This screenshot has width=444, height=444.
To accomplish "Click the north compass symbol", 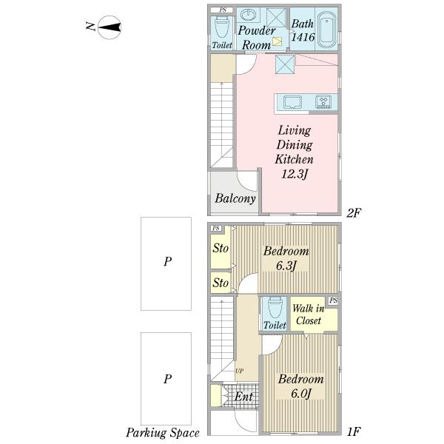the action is pyautogui.click(x=110, y=27).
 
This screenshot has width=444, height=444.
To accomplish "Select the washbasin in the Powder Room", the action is pyautogui.click(x=248, y=15).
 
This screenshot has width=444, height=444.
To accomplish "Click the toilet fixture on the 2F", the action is pyautogui.click(x=221, y=27).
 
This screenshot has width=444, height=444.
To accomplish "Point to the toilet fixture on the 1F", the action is pyautogui.click(x=275, y=308).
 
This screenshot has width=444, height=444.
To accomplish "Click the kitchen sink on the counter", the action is pyautogui.click(x=292, y=102).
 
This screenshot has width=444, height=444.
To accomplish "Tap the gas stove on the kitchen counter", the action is pyautogui.click(x=323, y=101).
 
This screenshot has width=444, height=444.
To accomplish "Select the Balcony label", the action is pyautogui.click(x=235, y=198).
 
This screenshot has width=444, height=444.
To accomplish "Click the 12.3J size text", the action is pyautogui.click(x=295, y=173).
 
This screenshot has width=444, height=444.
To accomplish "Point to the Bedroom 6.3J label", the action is pyautogui.click(x=286, y=258).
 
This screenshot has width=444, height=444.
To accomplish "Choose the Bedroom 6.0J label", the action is pyautogui.click(x=300, y=386).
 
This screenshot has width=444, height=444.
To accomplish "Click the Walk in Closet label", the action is pyautogui.click(x=308, y=314).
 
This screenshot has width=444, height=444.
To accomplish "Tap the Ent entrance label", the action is pyautogui.click(x=243, y=397).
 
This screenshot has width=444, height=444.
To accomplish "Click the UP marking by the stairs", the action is pyautogui.click(x=239, y=371).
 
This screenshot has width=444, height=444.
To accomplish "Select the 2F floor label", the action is pyautogui.click(x=354, y=212).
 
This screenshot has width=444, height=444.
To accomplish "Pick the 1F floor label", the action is pyautogui.click(x=353, y=431).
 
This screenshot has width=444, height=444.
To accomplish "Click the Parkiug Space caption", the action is pyautogui.click(x=163, y=433).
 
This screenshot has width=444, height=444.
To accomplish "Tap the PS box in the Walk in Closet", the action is pyautogui.click(x=333, y=300).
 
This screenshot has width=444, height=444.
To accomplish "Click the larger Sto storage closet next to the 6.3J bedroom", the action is pyautogui.click(x=221, y=248).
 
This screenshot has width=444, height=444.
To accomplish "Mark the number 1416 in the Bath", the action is pyautogui.click(x=303, y=37).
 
